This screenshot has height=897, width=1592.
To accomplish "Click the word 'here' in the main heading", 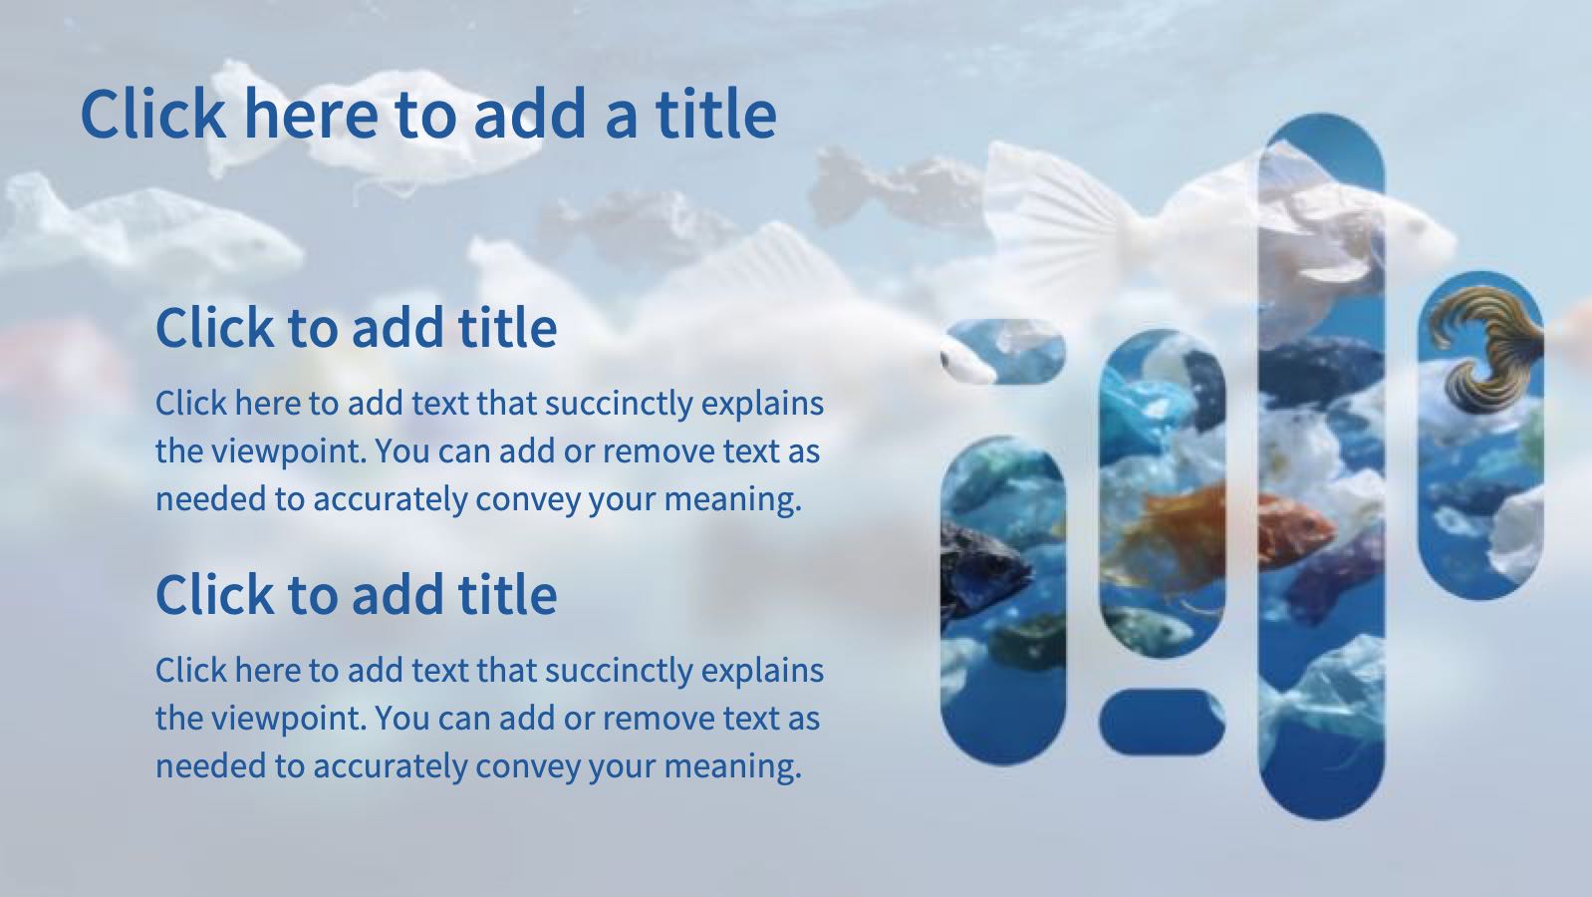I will (310, 114).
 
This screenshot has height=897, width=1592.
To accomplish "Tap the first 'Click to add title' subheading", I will (356, 328).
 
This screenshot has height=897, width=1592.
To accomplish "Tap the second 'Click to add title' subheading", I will (356, 595).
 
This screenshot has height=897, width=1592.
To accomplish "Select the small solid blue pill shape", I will (1162, 721).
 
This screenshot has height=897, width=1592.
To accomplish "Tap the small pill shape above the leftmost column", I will (1002, 351).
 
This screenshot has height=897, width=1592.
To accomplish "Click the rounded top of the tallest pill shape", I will (1321, 140).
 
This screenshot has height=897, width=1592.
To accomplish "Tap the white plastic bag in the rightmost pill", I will (1514, 528).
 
